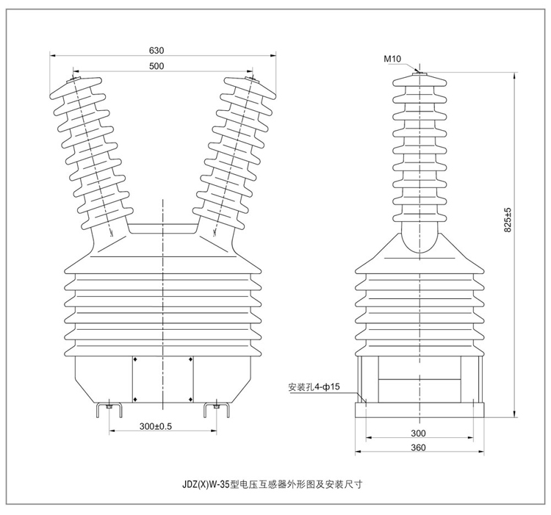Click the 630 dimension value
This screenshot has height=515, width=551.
(156, 51)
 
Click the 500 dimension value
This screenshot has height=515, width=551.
(156, 66)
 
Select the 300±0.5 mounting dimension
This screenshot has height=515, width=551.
(155, 426)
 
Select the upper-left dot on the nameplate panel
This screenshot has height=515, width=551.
(135, 360)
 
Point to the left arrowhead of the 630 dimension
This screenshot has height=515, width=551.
(53, 55)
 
